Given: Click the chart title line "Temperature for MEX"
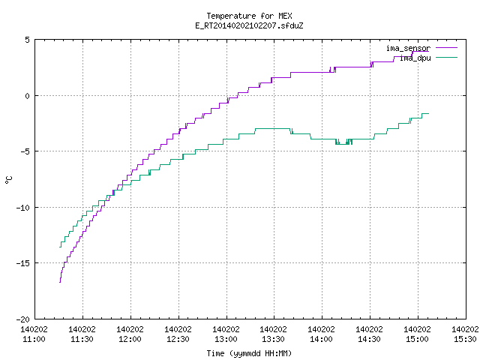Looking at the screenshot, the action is pyautogui.click(x=249, y=16).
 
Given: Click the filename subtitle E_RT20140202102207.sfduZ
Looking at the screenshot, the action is pyautogui.click(x=249, y=25).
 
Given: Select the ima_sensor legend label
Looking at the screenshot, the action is pyautogui.click(x=408, y=48).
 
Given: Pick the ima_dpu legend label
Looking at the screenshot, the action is pyautogui.click(x=415, y=58).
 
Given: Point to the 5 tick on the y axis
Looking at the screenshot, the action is pyautogui.click(x=28, y=40).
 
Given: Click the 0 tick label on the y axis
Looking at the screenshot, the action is pyautogui.click(x=28, y=96).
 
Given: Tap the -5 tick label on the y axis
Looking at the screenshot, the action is pyautogui.click(x=23, y=151).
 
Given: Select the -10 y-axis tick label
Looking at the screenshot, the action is pyautogui.click(x=23, y=208).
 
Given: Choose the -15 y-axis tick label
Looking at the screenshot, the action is pyautogui.click(x=23, y=263).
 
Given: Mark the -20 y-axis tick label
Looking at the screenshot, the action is pyautogui.click(x=23, y=319).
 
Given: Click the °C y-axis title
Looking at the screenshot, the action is pyautogui.click(x=8, y=180).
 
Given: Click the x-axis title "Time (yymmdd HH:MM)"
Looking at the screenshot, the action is pyautogui.click(x=249, y=353).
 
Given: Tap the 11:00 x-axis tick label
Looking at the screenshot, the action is pyautogui.click(x=34, y=339).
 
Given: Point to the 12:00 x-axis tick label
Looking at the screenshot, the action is pyautogui.click(x=130, y=339).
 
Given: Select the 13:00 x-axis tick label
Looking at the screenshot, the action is pyautogui.click(x=226, y=339).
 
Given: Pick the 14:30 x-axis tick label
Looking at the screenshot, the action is pyautogui.click(x=369, y=339).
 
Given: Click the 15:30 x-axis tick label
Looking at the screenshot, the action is pyautogui.click(x=465, y=339).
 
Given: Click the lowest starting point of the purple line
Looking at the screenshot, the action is pyautogui.click(x=60, y=282).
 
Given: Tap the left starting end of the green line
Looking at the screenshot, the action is pyautogui.click(x=60, y=247).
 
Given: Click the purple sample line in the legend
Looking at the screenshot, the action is pyautogui.click(x=446, y=48).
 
